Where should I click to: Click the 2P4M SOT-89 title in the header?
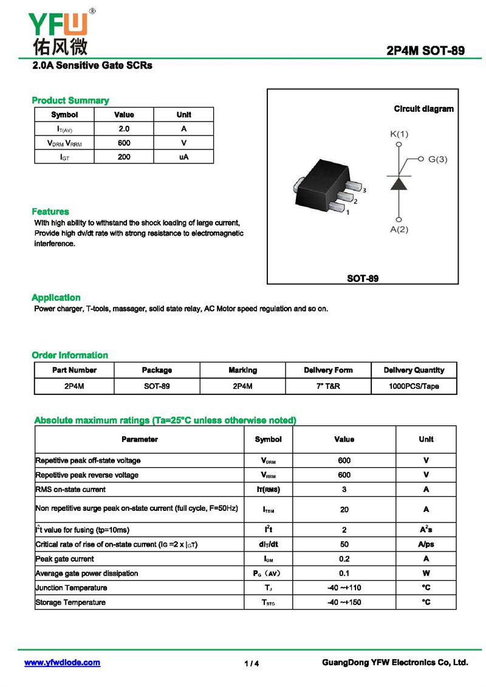pyautogui.click(x=425, y=51)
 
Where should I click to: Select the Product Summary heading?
pyautogui.click(x=70, y=100)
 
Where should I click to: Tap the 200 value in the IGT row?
pyautogui.click(x=124, y=157)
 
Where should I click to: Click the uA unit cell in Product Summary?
pyautogui.click(x=183, y=157)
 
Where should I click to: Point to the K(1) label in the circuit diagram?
pyautogui.click(x=399, y=134)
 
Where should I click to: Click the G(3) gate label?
pyautogui.click(x=437, y=159)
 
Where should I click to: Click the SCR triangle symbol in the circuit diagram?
pyautogui.click(x=399, y=183)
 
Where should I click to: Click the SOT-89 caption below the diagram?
pyautogui.click(x=363, y=278)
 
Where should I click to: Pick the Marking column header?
pyautogui.click(x=242, y=370)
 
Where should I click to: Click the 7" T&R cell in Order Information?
pyautogui.click(x=327, y=386)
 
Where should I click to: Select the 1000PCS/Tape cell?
pyautogui.click(x=414, y=386)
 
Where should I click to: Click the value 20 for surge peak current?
pyautogui.click(x=344, y=510)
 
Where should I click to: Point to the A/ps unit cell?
pyautogui.click(x=426, y=544)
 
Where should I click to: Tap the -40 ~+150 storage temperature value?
pyautogui.click(x=344, y=603)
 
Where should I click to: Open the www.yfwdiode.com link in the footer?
pyautogui.click(x=62, y=663)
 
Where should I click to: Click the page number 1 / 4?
pyautogui.click(x=252, y=663)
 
